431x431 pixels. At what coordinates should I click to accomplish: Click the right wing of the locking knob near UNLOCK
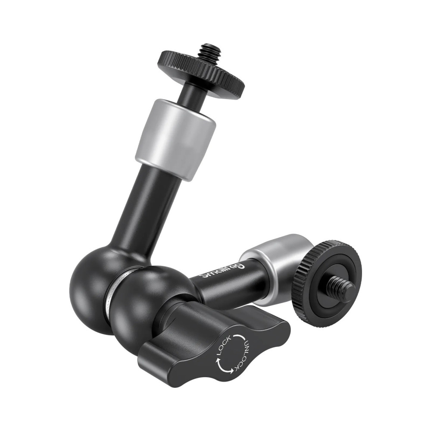[272, 332]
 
